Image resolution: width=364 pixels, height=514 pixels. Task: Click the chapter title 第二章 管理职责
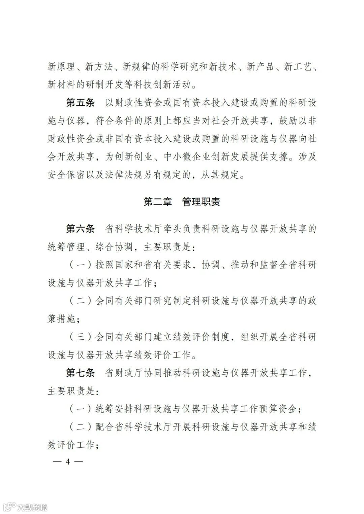[182, 202]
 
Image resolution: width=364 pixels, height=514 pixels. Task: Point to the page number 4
[67, 461]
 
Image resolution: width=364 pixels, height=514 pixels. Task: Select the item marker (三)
[81, 337]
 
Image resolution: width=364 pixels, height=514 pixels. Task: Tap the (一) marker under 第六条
[81, 265]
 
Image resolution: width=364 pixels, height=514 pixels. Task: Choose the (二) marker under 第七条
[81, 427]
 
